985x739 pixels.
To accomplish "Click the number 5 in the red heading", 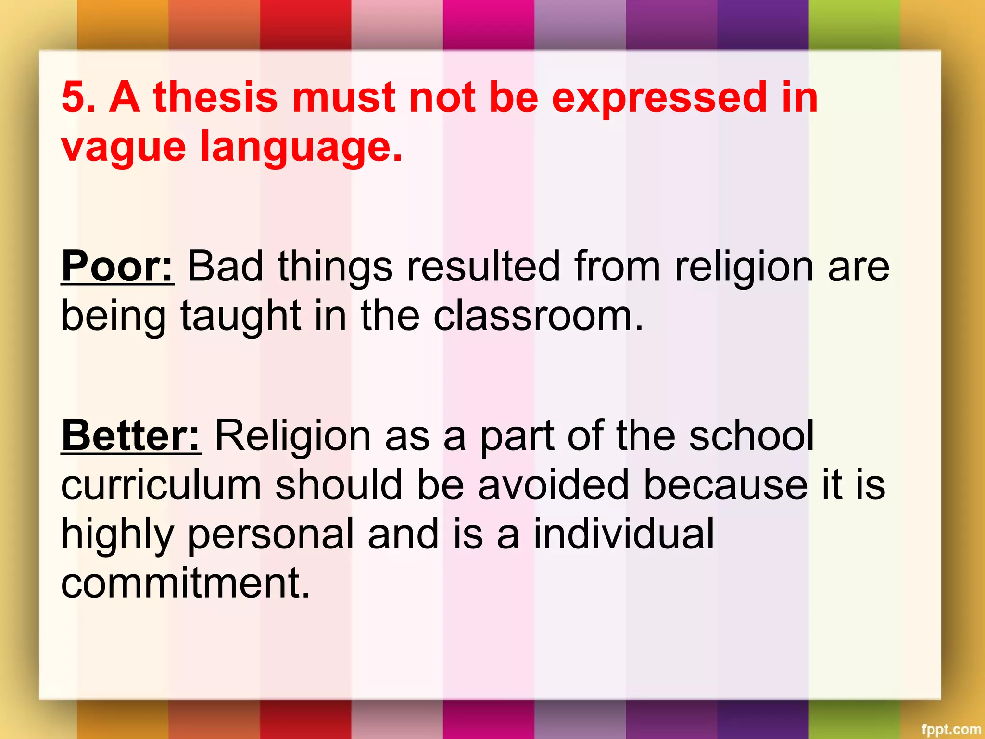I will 74,97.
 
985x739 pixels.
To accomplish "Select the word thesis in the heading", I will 215,97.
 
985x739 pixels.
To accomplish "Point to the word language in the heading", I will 301,147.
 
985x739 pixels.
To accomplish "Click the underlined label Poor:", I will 117,267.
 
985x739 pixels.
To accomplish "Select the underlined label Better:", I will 131,436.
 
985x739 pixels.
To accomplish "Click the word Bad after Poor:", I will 225,267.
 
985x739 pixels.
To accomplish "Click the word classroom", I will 538,317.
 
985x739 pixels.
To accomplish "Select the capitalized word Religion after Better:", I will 292,437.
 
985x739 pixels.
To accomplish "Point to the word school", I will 751,436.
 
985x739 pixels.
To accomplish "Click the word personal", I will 271,535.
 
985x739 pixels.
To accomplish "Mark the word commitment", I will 185,583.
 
